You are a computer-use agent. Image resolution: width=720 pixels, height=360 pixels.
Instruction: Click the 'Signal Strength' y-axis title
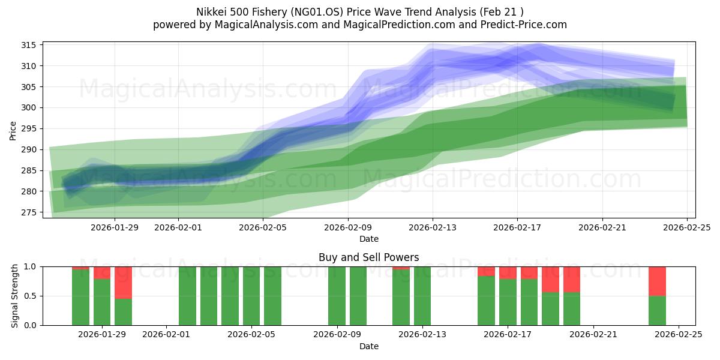16,296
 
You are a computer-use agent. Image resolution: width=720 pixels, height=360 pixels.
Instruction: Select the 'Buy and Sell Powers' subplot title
368,257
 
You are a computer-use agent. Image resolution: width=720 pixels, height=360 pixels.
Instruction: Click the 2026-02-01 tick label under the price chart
178,227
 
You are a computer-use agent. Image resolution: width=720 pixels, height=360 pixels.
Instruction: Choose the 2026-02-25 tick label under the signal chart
679,335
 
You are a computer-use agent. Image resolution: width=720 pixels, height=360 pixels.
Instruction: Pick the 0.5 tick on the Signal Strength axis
31,296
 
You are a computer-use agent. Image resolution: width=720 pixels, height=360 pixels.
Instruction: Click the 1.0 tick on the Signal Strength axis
31,266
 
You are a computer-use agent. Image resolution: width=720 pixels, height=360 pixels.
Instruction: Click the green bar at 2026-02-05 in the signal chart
251,296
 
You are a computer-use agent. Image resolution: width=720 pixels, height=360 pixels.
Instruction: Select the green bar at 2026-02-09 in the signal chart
337,296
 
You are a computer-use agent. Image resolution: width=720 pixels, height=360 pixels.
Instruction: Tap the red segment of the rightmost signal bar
657,281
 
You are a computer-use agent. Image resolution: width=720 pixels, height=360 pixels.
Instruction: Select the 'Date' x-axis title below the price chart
368,239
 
